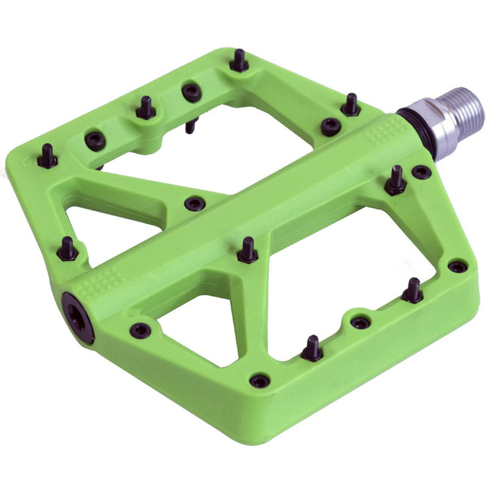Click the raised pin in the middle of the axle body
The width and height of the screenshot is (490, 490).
pos(247,251)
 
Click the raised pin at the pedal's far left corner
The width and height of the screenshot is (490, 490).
pos(47,157)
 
